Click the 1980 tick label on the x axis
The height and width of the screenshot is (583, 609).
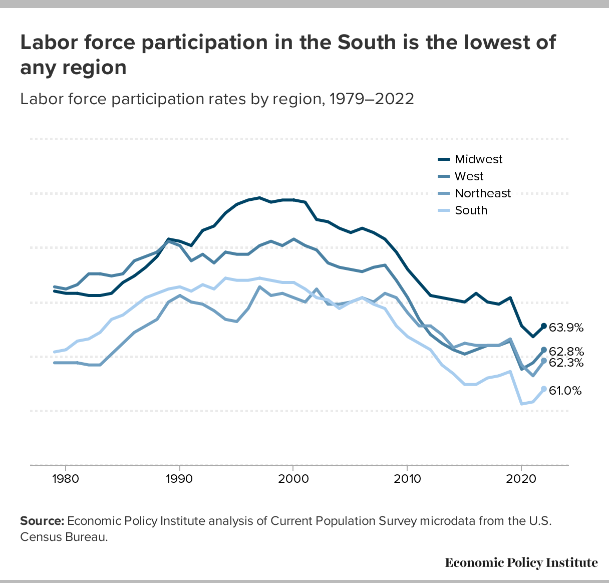point(66,478)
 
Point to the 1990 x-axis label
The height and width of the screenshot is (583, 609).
point(179,478)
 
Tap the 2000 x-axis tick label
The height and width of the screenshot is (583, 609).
point(293,478)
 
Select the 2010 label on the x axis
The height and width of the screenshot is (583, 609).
point(407,478)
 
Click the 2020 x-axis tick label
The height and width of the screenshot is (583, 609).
point(521,478)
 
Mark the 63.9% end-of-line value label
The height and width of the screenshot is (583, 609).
point(566,328)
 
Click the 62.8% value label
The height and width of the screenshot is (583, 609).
point(566,352)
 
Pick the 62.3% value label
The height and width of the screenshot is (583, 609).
point(566,363)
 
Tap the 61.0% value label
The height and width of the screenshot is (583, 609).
point(565,391)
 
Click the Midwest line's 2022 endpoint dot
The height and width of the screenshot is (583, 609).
point(544,326)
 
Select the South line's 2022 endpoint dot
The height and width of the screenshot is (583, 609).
point(544,389)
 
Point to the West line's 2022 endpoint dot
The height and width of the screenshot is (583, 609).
point(544,350)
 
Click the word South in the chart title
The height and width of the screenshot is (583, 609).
point(366,43)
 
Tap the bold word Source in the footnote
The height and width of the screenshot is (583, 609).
point(42,521)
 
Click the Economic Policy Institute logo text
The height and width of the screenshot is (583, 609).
point(521,562)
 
